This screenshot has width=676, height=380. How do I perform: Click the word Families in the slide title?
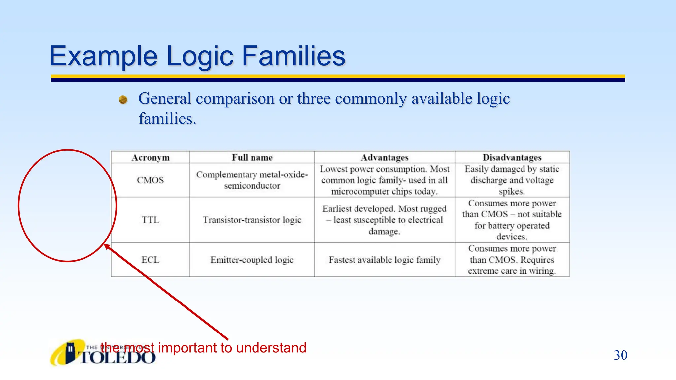coord(293,56)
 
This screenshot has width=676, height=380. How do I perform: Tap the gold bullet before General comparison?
coord(123,99)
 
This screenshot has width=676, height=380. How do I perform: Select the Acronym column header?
coord(151,158)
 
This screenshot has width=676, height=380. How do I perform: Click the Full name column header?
coord(252,158)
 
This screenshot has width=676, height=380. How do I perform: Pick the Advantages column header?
coord(385,158)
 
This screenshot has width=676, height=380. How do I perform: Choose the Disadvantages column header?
coord(512,158)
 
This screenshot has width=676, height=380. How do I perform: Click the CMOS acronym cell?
coord(151,180)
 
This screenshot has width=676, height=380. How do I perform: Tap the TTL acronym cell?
coord(151,220)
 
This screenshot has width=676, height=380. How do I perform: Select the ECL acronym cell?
coord(151,260)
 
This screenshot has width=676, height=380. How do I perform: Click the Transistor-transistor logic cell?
coord(252,220)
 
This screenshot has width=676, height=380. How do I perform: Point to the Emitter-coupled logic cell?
coord(252,260)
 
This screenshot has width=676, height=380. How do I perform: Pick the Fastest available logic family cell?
coord(385,260)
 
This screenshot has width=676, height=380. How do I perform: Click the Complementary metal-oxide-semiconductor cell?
coord(252,180)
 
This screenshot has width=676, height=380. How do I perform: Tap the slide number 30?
coord(620,355)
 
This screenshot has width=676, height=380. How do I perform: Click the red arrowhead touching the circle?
coord(107,246)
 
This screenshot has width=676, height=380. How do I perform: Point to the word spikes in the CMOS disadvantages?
coord(511,191)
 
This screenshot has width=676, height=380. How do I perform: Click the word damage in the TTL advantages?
coord(384,231)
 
